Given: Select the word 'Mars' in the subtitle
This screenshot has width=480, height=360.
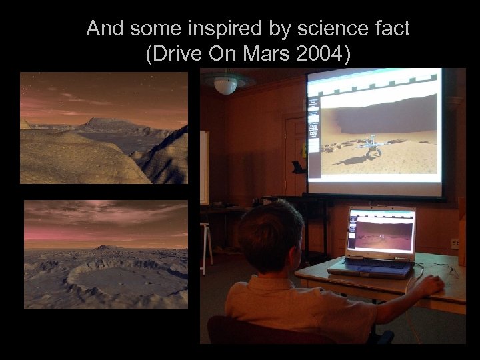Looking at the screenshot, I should (x=260, y=54).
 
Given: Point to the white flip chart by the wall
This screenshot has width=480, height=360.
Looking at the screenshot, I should (x=204, y=167).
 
